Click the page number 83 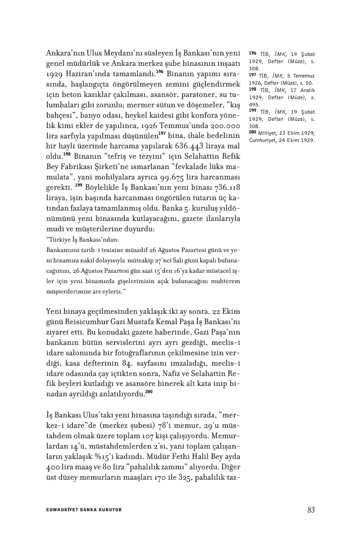coord(310,510)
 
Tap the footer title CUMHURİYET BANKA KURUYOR coord(84,510)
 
